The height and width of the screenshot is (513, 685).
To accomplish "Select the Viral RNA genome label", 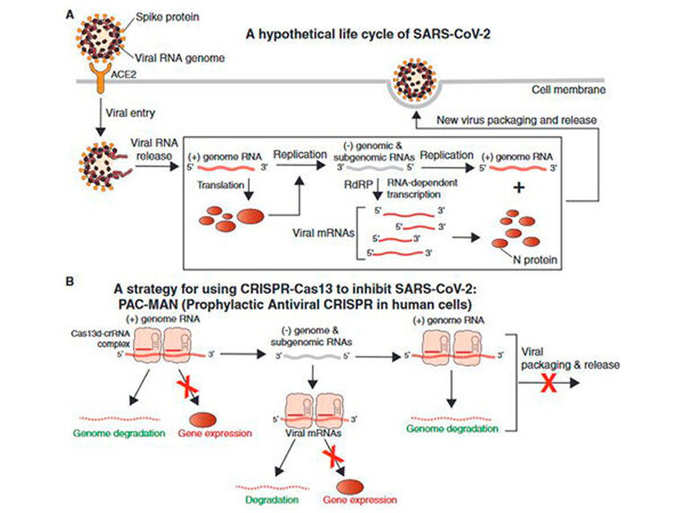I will [179, 57].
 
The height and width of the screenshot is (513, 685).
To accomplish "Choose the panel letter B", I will [71, 282].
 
